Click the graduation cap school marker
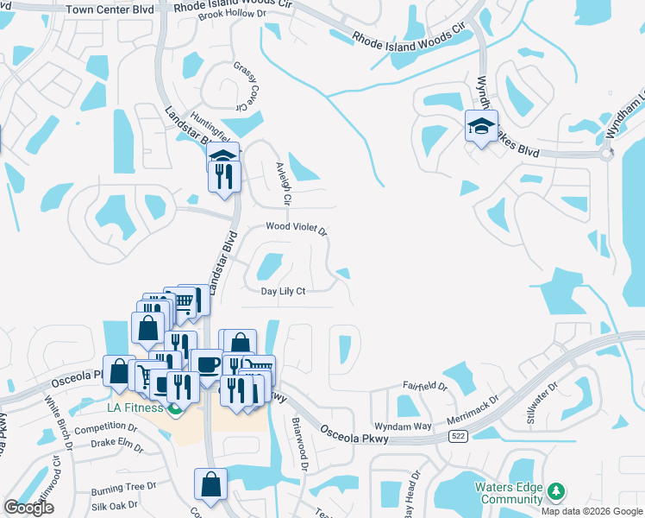(x=481, y=127)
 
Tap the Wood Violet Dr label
(x=296, y=228)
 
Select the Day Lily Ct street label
(x=284, y=291)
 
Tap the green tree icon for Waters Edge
(x=556, y=492)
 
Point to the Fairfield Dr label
(x=425, y=387)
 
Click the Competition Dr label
(x=105, y=427)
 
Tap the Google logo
(x=29, y=508)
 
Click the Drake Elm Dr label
(x=117, y=445)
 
